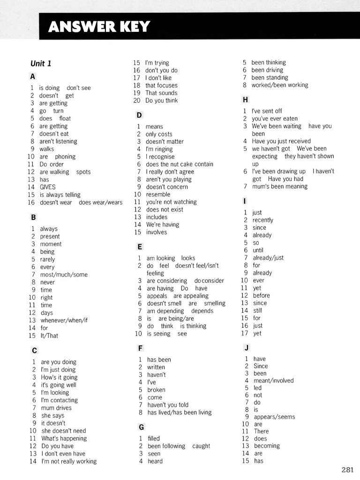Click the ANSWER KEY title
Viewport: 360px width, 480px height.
pos(99,27)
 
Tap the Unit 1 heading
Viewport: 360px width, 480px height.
pos(41,63)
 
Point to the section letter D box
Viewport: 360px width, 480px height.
pos(139,115)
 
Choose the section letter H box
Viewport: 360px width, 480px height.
pos(245,99)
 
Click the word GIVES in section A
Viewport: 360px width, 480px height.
pos(47,187)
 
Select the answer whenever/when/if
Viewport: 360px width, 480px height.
pos(64,321)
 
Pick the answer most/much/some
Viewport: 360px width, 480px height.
pos(64,275)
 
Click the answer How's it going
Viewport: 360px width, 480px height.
pos(59,377)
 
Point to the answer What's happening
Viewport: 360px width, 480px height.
pos(64,438)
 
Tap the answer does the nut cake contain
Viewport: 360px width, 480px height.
pos(180,164)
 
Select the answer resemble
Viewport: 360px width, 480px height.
pos(158,195)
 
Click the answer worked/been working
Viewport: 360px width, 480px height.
pos(280,85)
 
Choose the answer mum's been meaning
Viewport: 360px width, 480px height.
pos(280,187)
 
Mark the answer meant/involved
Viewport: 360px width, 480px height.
pos(274,381)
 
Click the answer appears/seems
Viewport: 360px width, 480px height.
pos(275,417)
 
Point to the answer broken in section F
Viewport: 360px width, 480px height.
pos(156,390)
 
